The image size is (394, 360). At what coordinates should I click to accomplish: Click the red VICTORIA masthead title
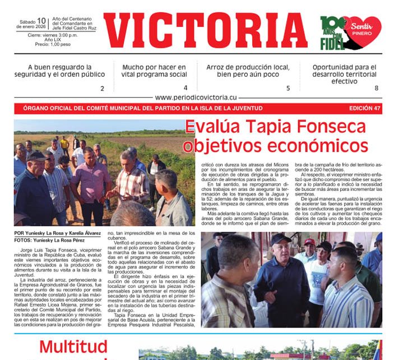coord(205,31)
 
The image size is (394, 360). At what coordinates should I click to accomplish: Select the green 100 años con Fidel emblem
coord(332,31)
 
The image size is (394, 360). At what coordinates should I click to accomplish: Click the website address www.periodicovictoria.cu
coord(196,97)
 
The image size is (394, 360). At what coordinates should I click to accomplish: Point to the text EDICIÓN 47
coord(364,108)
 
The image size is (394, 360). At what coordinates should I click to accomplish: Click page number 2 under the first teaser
coord(102,89)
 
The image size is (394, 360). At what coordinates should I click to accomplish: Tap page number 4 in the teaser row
coord(186,88)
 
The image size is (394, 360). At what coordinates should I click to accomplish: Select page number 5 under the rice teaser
coord(288,89)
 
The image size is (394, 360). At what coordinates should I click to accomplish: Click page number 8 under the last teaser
coord(376,88)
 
